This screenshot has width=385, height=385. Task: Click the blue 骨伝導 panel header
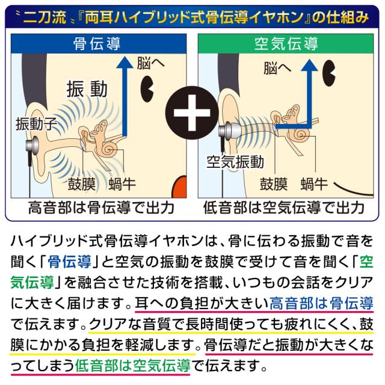pyautogui.click(x=99, y=43)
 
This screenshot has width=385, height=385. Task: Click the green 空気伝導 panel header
pyautogui.click(x=286, y=43)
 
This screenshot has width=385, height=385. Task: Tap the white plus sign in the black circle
pyautogui.click(x=192, y=113)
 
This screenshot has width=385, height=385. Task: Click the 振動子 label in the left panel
pyautogui.click(x=36, y=123)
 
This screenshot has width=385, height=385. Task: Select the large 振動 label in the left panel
pyautogui.click(x=87, y=89)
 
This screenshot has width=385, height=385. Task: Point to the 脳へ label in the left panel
pyautogui.click(x=150, y=63)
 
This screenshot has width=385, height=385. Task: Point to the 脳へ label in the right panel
pyautogui.click(x=277, y=68)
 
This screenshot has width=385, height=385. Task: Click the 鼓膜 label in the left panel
pyautogui.click(x=82, y=184)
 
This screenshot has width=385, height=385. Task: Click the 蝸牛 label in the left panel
pyautogui.click(x=122, y=184)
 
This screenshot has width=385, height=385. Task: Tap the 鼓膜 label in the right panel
pyautogui.click(x=274, y=184)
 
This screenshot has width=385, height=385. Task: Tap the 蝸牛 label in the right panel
pyautogui.click(x=314, y=184)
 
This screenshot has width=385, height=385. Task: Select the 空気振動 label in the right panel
pyautogui.click(x=235, y=162)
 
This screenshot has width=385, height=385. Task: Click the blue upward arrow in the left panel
pyautogui.click(x=125, y=96)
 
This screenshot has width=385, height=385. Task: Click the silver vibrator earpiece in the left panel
pyautogui.click(x=32, y=147)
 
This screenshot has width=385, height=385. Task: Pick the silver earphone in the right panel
pyautogui.click(x=228, y=131)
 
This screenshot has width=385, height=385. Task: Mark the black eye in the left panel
pyautogui.click(x=147, y=89)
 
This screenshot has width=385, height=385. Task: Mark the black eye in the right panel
pyautogui.click(x=329, y=73)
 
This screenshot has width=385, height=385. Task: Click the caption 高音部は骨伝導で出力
pyautogui.click(x=101, y=208)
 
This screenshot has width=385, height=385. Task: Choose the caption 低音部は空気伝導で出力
pyautogui.click(x=283, y=208)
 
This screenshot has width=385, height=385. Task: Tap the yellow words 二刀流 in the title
pyautogui.click(x=45, y=17)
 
